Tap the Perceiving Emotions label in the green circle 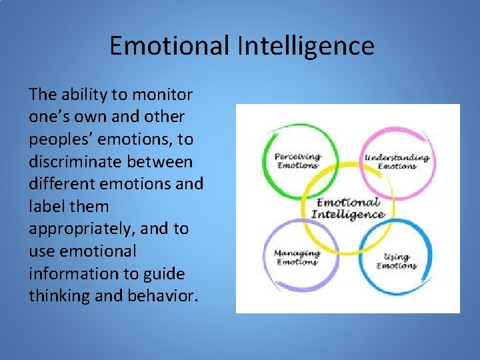(297, 161)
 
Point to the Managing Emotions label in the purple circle (297, 258)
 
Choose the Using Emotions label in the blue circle (397, 261)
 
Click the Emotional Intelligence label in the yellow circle (348, 209)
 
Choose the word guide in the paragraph (168, 273)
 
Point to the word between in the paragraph (163, 161)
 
